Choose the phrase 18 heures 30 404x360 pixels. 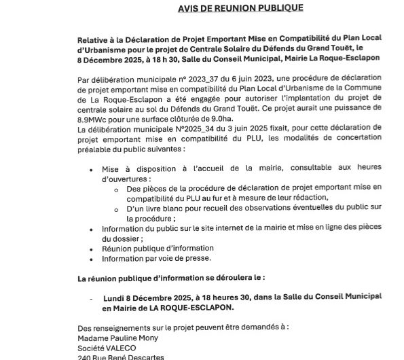(x=236, y=297)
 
